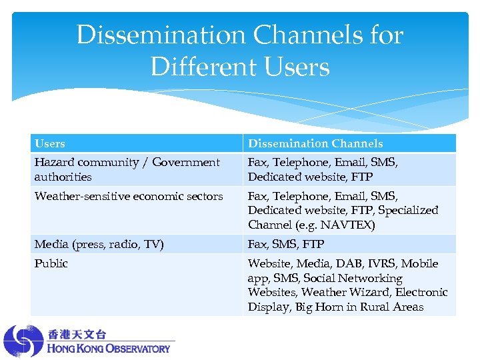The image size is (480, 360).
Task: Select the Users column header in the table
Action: [50, 143]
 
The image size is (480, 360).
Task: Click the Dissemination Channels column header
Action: [315, 143]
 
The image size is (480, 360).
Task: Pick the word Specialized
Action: [408, 210]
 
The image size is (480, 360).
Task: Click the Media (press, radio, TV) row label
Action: [99, 244]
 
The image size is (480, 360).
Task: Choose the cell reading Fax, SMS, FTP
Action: [286, 244]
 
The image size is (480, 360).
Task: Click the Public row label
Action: [51, 263]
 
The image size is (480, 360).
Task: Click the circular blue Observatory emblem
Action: [23, 341]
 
